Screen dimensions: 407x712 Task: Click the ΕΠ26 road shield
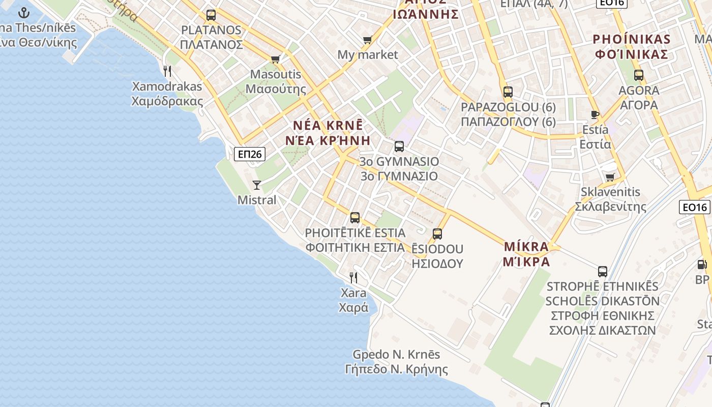pos(250,154)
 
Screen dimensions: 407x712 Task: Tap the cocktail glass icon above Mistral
pos(257,185)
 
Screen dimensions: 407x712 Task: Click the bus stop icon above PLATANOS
pos(211,15)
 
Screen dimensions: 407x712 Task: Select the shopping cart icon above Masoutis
pos(276,59)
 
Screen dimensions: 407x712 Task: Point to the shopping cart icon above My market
pos(368,40)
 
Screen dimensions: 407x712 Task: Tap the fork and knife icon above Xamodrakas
pos(167,71)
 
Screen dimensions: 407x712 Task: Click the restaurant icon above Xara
pos(353,277)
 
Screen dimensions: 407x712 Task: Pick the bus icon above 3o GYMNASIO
pos(399,147)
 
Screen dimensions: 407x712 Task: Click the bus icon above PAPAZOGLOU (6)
pos(508,92)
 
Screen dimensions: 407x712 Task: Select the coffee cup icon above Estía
pos(595,114)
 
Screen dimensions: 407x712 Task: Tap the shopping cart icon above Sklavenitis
pos(610,177)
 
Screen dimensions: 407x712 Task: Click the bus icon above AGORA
pos(639,75)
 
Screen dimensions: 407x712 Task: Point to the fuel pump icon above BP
pos(702,265)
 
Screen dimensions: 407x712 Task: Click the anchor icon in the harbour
pos(24,13)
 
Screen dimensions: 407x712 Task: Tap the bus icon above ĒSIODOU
pos(437,234)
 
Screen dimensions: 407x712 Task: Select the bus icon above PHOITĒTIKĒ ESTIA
pos(355,218)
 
